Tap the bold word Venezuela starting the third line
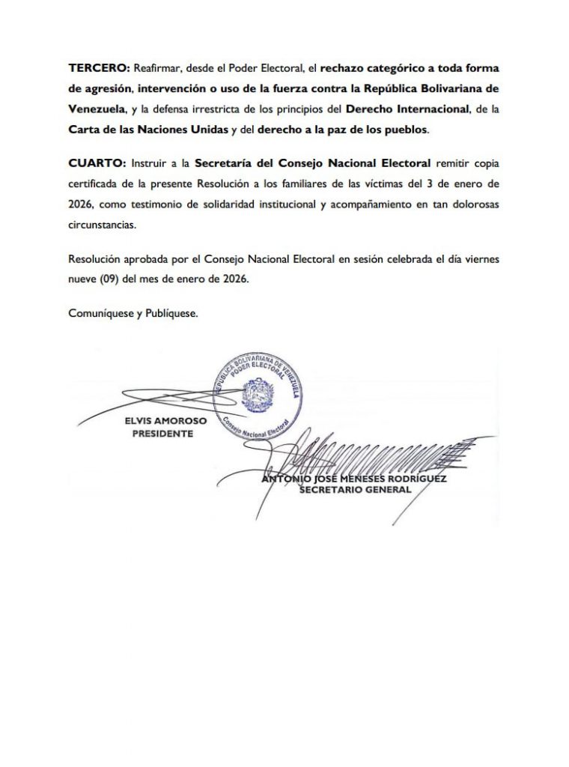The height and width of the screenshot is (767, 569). click(96, 109)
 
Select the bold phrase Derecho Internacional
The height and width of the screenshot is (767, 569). click(404, 109)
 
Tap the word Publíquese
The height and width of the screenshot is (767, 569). click(171, 315)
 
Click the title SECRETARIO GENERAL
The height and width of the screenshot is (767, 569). click(355, 490)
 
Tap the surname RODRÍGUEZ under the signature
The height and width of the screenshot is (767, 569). click(416, 479)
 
